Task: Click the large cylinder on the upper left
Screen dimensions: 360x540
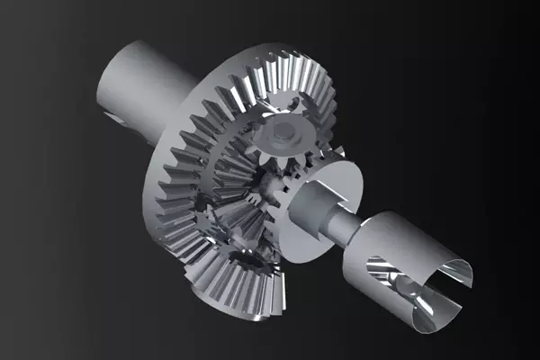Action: [144, 81]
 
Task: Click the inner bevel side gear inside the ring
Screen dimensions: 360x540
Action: [229, 171]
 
